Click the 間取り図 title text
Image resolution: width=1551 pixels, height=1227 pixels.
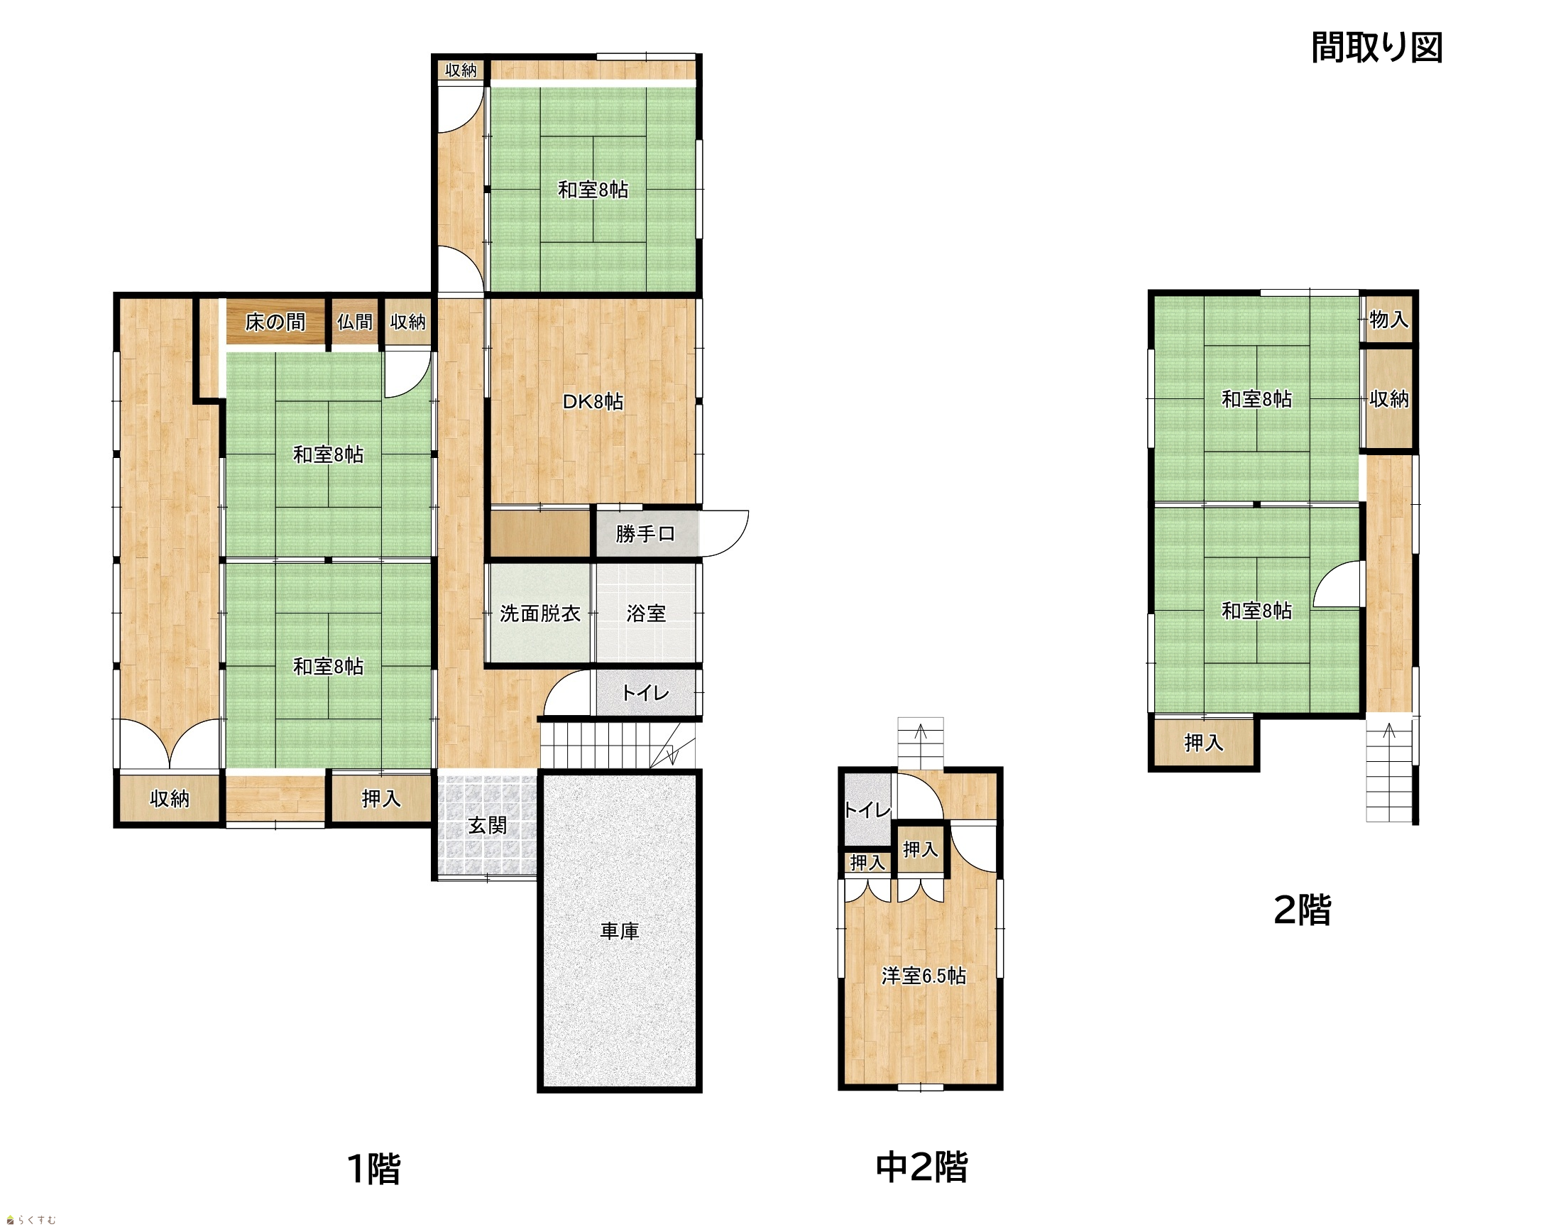pyautogui.click(x=1376, y=48)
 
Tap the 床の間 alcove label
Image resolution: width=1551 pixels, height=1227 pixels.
pyautogui.click(x=275, y=322)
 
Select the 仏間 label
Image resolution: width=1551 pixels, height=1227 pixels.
pyautogui.click(x=355, y=322)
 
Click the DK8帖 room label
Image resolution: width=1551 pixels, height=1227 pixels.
pyautogui.click(x=593, y=402)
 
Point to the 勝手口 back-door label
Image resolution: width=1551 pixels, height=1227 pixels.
pyautogui.click(x=645, y=534)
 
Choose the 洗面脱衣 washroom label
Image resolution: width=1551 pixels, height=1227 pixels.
pyautogui.click(x=540, y=613)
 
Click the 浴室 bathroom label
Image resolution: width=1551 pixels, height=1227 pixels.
pyautogui.click(x=646, y=613)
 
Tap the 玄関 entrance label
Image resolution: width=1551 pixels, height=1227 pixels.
pyautogui.click(x=488, y=825)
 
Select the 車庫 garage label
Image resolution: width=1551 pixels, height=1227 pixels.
pyautogui.click(x=620, y=931)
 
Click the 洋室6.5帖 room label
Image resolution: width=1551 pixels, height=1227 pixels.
pyautogui.click(x=924, y=976)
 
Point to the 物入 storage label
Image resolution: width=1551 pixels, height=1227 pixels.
pyautogui.click(x=1388, y=319)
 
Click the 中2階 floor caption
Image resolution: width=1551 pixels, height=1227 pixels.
pyautogui.click(x=922, y=1167)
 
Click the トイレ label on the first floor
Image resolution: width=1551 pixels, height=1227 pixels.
pyautogui.click(x=645, y=692)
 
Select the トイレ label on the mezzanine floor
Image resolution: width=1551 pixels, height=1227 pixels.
pyautogui.click(x=867, y=810)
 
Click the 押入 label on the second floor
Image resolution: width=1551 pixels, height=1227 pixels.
pyautogui.click(x=1203, y=742)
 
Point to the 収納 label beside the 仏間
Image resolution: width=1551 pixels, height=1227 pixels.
pyautogui.click(x=408, y=322)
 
